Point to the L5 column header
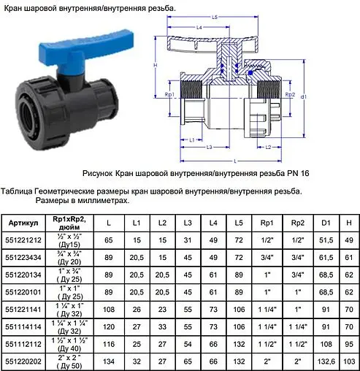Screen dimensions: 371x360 pos(237,221)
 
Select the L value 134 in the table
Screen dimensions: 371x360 pos(109,360)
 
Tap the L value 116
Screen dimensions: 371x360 pos(109,343)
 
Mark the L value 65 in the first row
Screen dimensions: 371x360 pos(109,239)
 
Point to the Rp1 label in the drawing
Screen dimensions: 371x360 pos(169,95)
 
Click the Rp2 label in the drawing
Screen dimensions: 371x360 pos(289,96)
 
